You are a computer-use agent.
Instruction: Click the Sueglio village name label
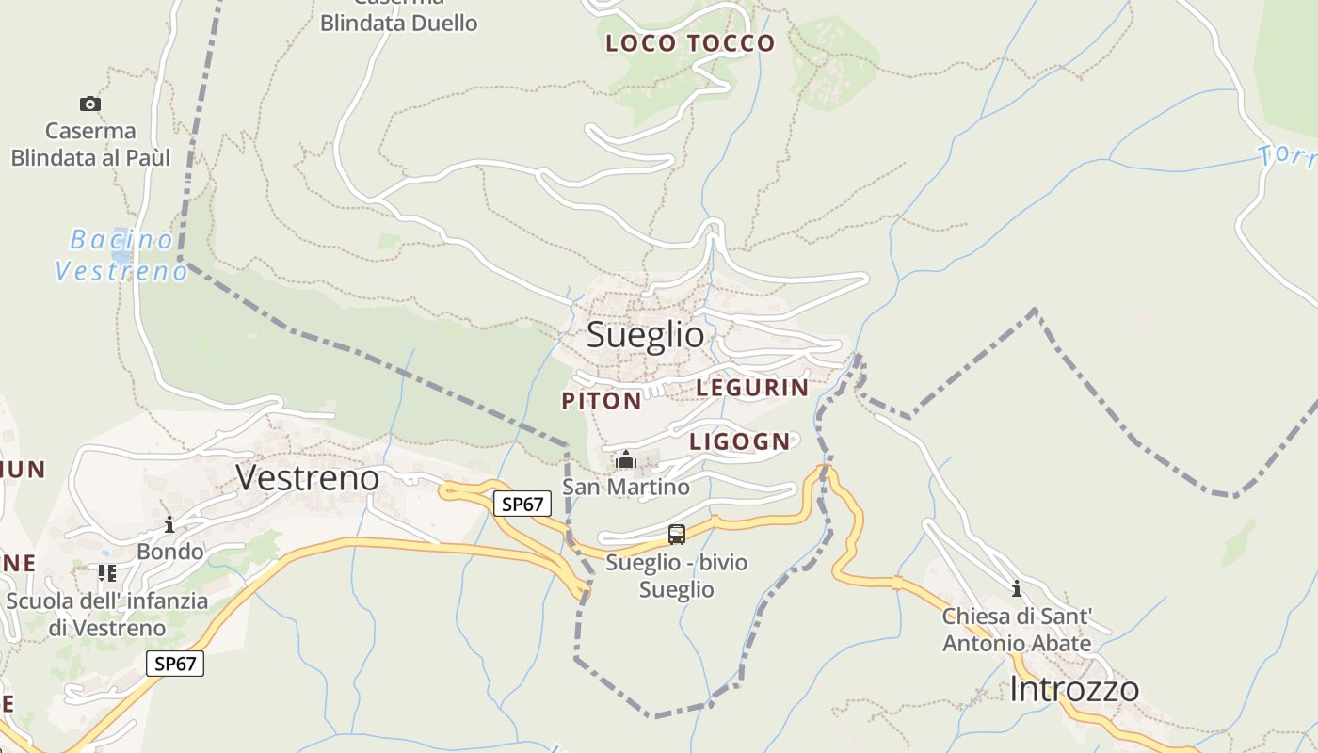click(645, 334)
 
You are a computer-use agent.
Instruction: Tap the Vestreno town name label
click(307, 477)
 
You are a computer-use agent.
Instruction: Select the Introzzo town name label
click(1073, 689)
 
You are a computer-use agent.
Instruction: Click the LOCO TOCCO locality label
click(690, 43)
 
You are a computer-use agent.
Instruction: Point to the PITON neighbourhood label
click(602, 401)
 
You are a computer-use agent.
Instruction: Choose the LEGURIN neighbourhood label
click(752, 387)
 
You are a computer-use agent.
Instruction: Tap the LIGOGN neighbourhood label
click(740, 441)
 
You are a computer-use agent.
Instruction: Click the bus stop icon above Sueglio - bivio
click(676, 535)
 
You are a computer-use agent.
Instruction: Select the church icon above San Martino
click(626, 460)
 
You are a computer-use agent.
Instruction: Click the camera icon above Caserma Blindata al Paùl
click(90, 104)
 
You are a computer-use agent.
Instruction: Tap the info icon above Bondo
click(169, 524)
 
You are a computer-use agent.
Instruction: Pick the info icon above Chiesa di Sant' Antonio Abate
click(1016, 589)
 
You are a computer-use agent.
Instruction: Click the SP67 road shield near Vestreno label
click(522, 504)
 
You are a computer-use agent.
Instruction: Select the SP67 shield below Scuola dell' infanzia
click(175, 664)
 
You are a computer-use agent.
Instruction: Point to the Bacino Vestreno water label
click(121, 255)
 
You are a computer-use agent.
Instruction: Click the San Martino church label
click(626, 487)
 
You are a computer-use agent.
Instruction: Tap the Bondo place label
click(169, 551)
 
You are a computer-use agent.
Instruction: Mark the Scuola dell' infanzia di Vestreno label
click(107, 614)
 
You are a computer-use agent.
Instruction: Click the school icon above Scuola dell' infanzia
click(106, 572)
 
